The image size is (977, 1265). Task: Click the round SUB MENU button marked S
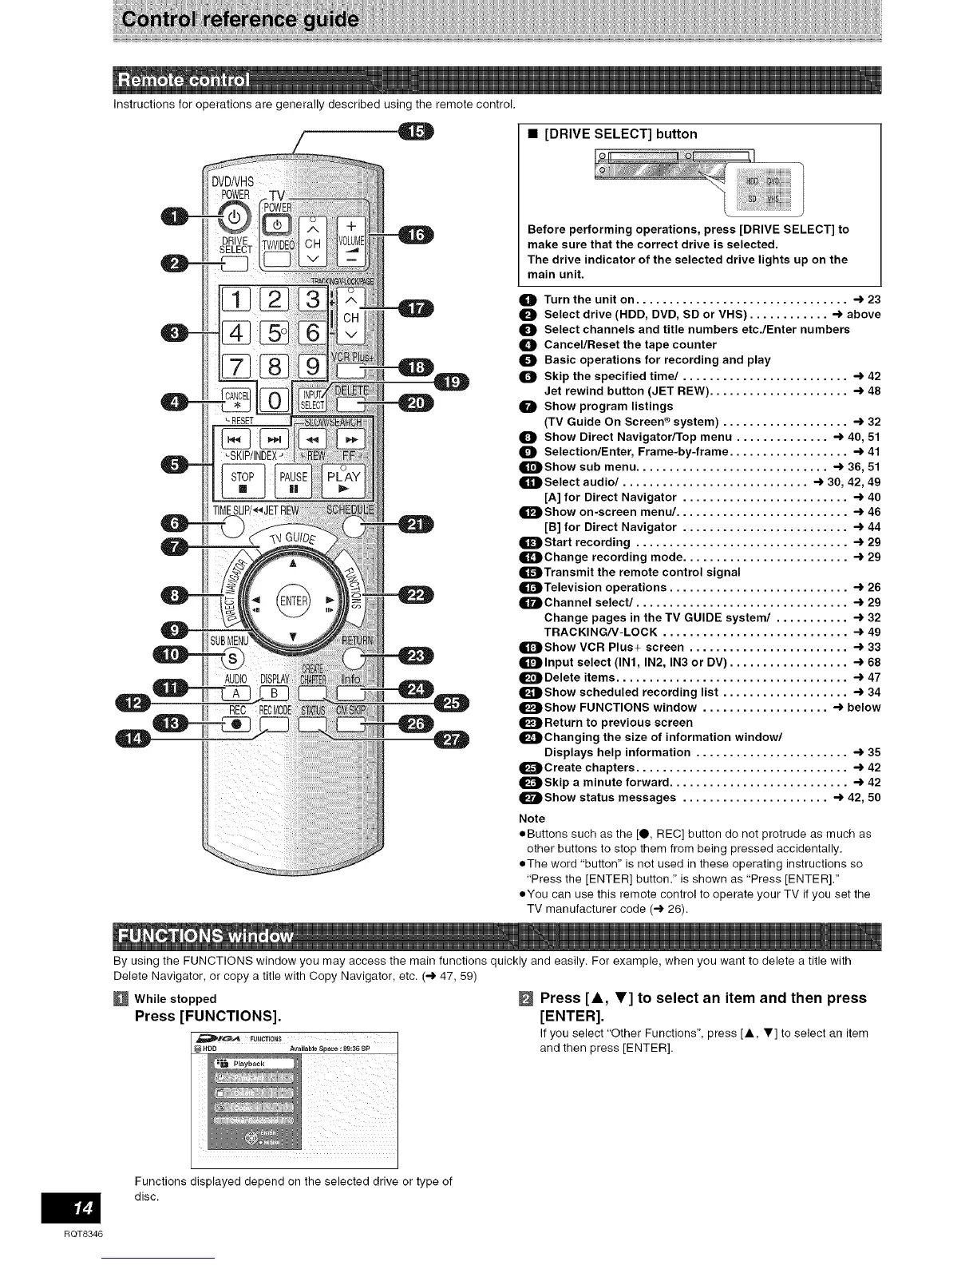pyautogui.click(x=232, y=658)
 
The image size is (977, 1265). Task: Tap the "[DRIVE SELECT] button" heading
pyautogui.click(x=619, y=134)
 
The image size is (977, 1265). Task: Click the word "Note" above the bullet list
pyautogui.click(x=532, y=819)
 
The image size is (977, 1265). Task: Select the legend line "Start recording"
pyautogui.click(x=587, y=542)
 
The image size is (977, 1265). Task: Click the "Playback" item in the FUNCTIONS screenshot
pyautogui.click(x=249, y=1064)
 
